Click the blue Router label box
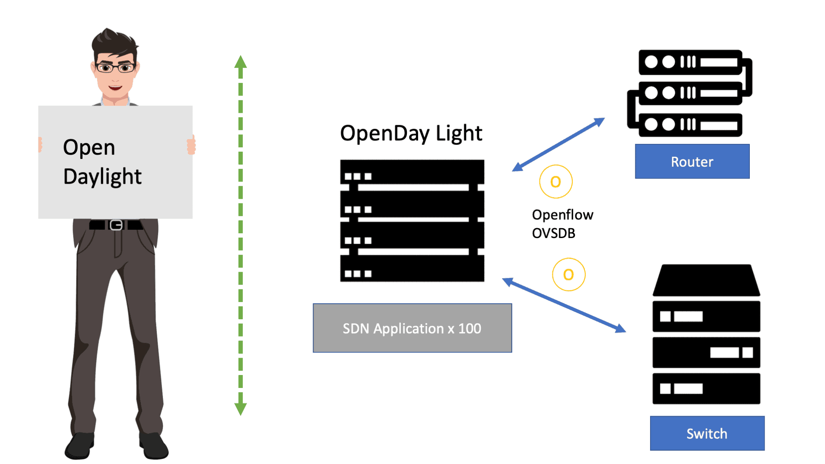tap(692, 161)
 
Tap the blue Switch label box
tap(707, 433)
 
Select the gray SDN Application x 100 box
tap(412, 328)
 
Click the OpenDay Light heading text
tap(411, 133)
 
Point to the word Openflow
tap(562, 215)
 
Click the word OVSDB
tap(553, 233)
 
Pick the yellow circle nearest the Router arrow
tap(555, 181)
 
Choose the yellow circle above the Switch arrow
tap(568, 274)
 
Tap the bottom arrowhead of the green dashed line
tap(241, 409)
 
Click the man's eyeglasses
tap(115, 68)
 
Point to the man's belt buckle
tap(116, 225)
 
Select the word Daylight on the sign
tap(102, 176)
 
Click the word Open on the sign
tap(89, 147)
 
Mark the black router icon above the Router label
tap(690, 93)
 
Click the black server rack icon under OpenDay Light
tap(412, 221)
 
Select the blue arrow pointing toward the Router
tap(558, 144)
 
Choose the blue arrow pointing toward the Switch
tap(564, 305)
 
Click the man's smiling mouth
tap(115, 88)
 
